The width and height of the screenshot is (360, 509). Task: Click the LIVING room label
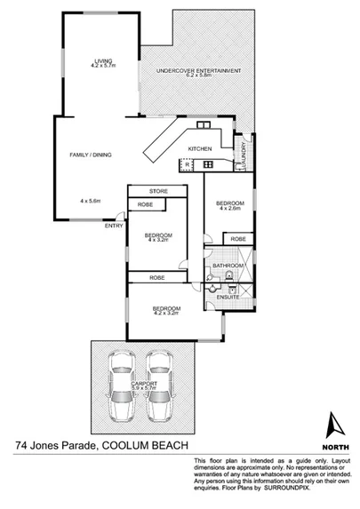(x=103, y=60)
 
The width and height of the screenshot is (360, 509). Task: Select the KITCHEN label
(x=199, y=148)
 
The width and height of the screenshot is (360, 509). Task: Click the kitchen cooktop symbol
(x=188, y=163)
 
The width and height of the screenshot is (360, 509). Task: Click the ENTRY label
(x=114, y=226)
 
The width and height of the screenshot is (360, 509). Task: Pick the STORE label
(x=158, y=191)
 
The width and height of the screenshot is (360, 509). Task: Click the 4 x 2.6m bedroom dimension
(x=228, y=210)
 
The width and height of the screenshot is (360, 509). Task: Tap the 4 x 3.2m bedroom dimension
(x=158, y=239)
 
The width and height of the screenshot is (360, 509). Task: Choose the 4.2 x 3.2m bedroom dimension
(x=166, y=314)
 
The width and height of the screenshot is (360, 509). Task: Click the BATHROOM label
(x=228, y=266)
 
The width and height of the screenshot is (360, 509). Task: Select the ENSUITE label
(x=228, y=297)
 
